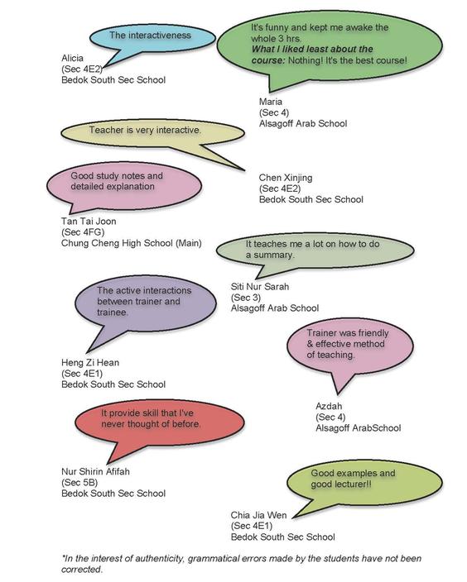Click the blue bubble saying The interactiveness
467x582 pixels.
click(x=152, y=38)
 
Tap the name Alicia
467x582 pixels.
click(x=72, y=58)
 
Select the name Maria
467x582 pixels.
click(x=270, y=102)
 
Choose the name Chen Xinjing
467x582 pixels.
click(x=286, y=178)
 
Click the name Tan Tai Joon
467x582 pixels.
click(x=89, y=222)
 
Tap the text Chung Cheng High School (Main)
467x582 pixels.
click(x=132, y=243)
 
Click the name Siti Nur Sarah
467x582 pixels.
click(x=259, y=287)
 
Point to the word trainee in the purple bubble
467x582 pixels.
click(x=113, y=312)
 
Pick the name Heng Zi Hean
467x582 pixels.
click(x=90, y=363)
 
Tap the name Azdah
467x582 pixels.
click(x=329, y=407)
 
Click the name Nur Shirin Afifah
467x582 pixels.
click(x=95, y=472)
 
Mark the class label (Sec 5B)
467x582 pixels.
click(x=79, y=483)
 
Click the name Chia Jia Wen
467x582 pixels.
click(x=258, y=515)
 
